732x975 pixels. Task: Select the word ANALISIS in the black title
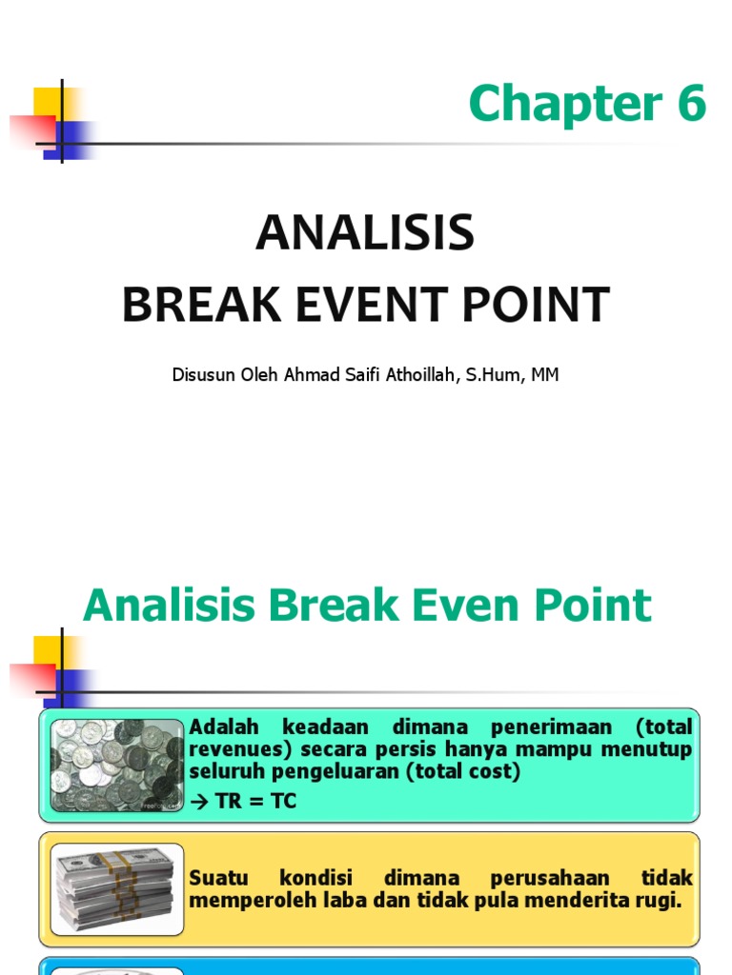365,233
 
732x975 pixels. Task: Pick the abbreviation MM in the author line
544,375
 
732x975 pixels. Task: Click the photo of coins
117,766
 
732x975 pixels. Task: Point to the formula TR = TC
251,802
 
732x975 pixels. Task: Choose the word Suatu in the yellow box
218,877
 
